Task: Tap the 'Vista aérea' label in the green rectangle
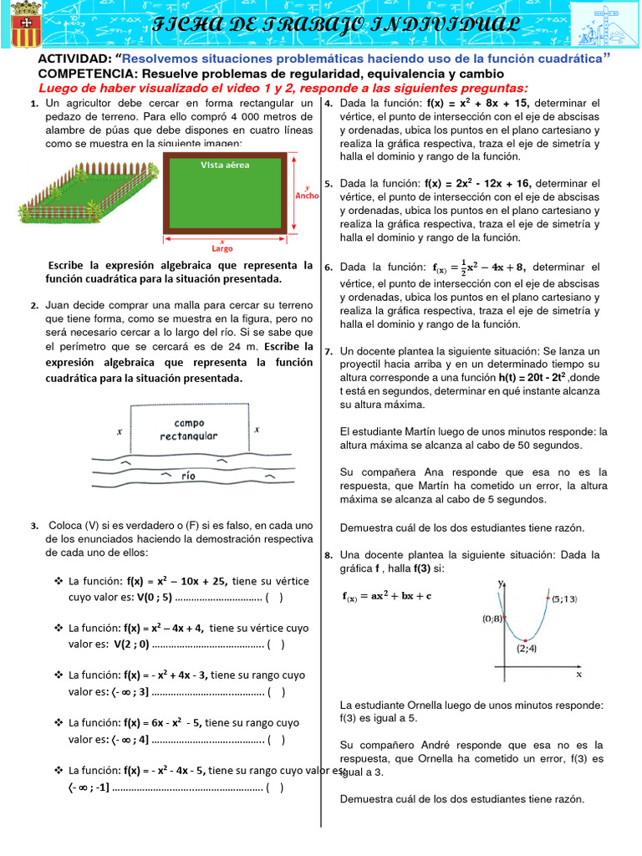click(x=225, y=165)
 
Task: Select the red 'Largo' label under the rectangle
click(x=222, y=247)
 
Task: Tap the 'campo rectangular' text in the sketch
click(x=189, y=429)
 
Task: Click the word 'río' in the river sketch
click(x=189, y=475)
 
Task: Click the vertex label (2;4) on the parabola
click(x=527, y=647)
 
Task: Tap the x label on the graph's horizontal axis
click(x=578, y=673)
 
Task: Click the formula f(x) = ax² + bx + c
click(x=387, y=596)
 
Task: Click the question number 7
click(x=329, y=352)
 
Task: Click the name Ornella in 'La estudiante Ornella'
click(x=420, y=706)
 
